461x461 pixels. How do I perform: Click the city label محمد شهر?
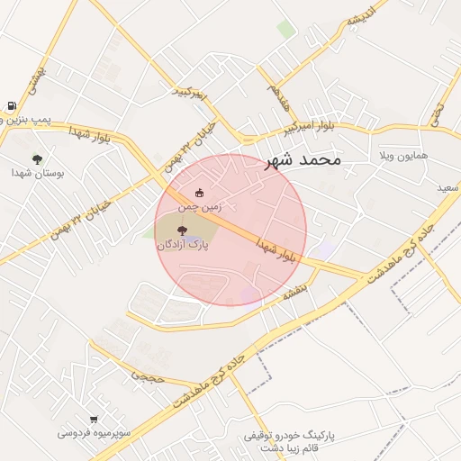pos(303,160)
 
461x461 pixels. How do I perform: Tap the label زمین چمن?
pos(199,206)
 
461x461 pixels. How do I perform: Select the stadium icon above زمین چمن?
pos(199,192)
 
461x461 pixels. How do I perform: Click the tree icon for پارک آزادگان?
pos(182,230)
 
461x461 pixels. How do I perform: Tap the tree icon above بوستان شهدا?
pos(37,158)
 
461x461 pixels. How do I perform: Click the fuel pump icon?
pos(11,106)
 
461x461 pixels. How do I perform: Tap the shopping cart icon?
pos(94,420)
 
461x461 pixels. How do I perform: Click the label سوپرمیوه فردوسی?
pos(95,433)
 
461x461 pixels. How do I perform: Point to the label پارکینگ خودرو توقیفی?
pos(288,436)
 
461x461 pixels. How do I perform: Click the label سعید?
pos(448,187)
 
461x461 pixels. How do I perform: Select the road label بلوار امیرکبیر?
pos(307,126)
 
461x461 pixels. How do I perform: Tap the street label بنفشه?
pos(295,291)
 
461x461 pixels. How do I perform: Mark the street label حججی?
pos(149,376)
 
